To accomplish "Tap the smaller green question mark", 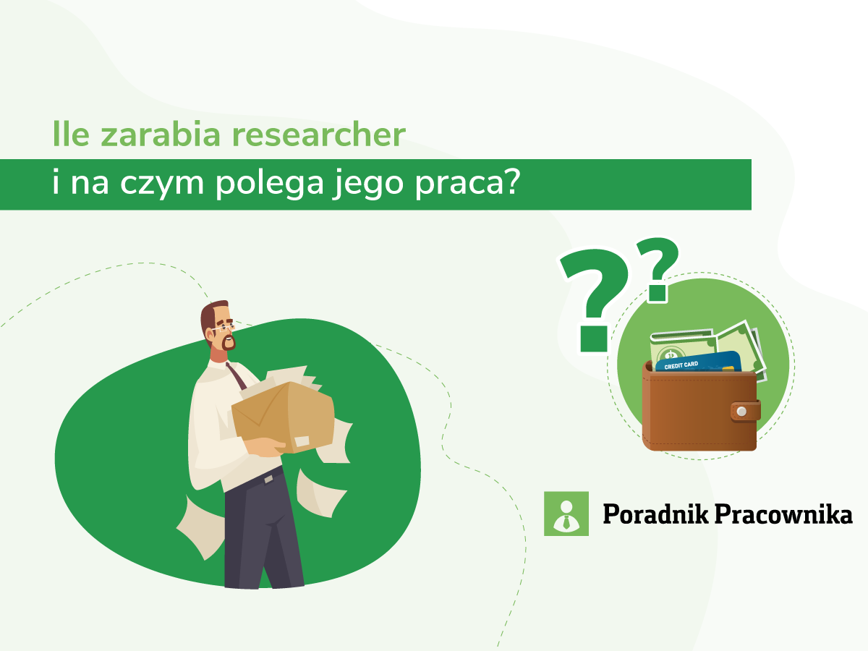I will coord(659,268).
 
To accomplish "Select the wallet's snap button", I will coord(741,411).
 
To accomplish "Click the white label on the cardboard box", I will coord(302,441).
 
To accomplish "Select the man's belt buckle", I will coord(269,478).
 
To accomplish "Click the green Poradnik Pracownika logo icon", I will coord(566,514).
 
